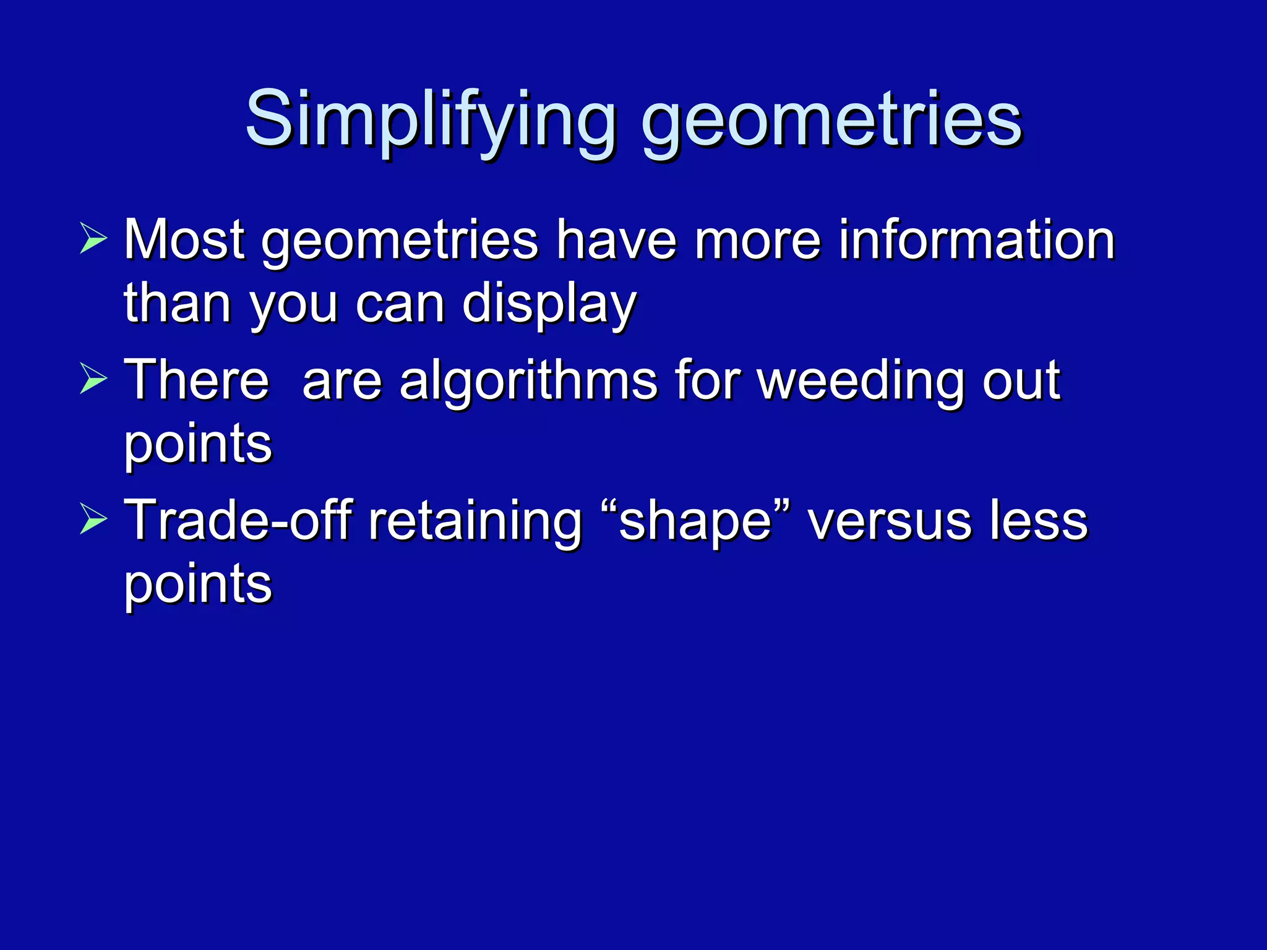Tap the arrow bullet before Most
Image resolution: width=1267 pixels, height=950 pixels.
click(93, 241)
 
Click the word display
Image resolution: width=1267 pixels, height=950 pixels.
click(549, 304)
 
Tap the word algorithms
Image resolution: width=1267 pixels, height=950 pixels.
click(528, 380)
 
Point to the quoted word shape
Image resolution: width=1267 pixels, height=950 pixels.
click(696, 520)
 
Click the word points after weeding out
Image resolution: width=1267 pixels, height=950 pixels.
click(198, 445)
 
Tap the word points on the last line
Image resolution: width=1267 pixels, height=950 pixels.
click(198, 584)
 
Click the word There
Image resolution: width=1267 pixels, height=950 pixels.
click(197, 380)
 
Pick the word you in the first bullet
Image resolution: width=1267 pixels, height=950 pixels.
click(293, 305)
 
